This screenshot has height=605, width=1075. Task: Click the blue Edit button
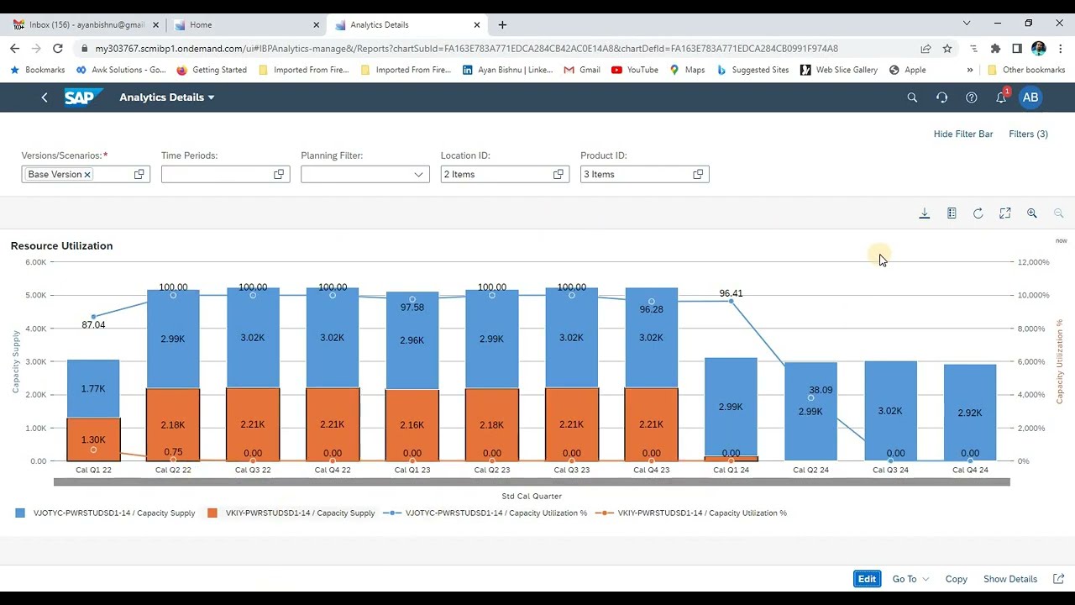[x=867, y=579]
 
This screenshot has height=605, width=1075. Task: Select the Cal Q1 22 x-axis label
[x=93, y=470]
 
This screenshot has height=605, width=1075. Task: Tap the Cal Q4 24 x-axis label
[x=970, y=470]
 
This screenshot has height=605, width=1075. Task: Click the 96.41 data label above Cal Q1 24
[x=731, y=293]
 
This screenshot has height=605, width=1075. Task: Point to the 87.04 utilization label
[x=93, y=324]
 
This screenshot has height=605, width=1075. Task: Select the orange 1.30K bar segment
[x=93, y=439]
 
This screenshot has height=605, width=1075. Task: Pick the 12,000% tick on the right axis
[x=1033, y=262]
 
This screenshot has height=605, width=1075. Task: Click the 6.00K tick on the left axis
[x=35, y=262]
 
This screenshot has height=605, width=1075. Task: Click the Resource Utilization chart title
[x=61, y=245]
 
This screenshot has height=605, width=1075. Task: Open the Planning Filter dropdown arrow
[x=418, y=174]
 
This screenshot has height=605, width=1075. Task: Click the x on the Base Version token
[x=87, y=175]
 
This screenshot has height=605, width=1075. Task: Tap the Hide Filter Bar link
[x=963, y=134]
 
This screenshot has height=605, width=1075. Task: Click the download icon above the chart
[x=924, y=213]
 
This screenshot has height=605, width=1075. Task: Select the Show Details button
[x=1009, y=579]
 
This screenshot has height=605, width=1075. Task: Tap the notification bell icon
[x=1001, y=97]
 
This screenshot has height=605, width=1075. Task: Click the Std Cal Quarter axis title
[x=532, y=496]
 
